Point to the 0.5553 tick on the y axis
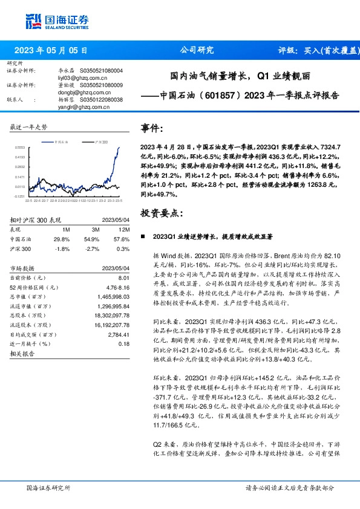(20, 146)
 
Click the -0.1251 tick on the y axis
(20, 196)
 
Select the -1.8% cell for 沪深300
(62, 248)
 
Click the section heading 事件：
(152, 128)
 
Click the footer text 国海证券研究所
(48, 488)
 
